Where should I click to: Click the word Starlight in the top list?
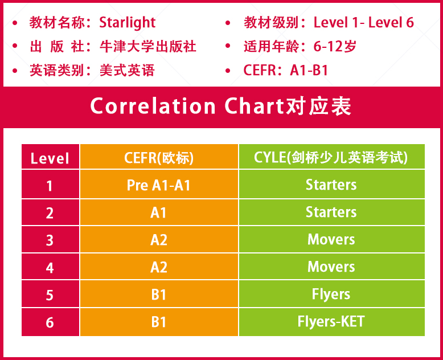[x=128, y=23]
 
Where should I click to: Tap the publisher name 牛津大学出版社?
[x=148, y=46]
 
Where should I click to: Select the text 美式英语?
[x=127, y=71]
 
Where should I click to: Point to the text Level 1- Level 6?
[x=364, y=22]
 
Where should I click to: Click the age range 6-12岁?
[x=335, y=46]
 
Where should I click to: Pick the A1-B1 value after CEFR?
[x=309, y=71]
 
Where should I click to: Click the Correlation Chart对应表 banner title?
[x=221, y=107]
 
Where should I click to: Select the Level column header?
[x=50, y=158]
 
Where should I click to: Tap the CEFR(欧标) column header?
[x=159, y=158]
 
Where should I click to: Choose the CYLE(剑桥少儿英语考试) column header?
[x=331, y=157]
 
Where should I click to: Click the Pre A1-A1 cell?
[x=158, y=185]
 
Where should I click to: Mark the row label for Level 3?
[x=50, y=240]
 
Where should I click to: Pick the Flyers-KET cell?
[x=331, y=321]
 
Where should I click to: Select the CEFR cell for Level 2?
[x=158, y=212]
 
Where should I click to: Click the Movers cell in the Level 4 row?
[x=331, y=267]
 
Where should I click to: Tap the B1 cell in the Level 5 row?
[x=158, y=294]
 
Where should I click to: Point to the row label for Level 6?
[x=50, y=322]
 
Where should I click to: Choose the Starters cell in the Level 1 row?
[x=331, y=185]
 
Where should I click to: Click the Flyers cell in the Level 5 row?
[x=331, y=294]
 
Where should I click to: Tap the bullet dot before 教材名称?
[x=15, y=23]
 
